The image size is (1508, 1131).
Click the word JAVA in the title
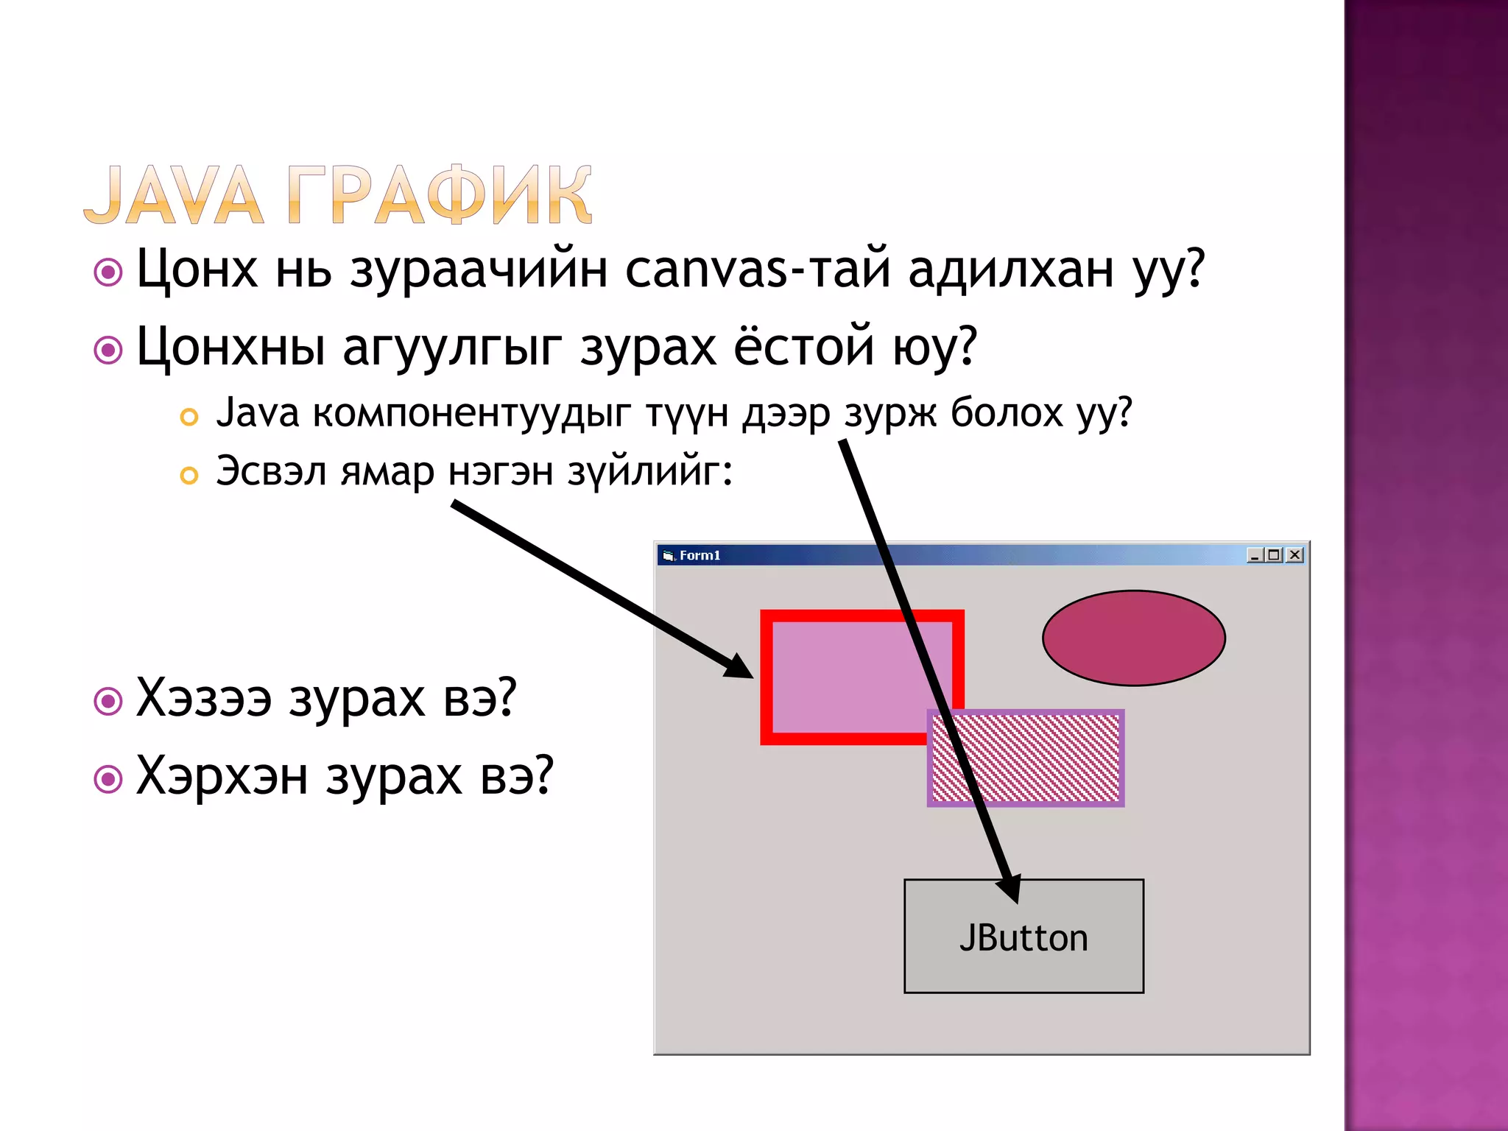click(x=174, y=195)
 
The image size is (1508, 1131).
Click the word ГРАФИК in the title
click(x=439, y=195)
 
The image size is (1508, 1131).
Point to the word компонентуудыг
click(x=472, y=413)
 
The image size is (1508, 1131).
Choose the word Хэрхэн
click(x=222, y=776)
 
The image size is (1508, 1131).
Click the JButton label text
click(x=1023, y=938)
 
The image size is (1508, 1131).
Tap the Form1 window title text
click(x=700, y=555)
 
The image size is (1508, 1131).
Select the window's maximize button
click(x=1275, y=555)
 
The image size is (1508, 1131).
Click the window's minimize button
click(x=1255, y=555)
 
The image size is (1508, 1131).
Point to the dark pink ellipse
click(x=1133, y=638)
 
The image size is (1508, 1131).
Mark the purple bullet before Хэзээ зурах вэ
click(x=108, y=701)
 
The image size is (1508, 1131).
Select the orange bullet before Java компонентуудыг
click(x=189, y=417)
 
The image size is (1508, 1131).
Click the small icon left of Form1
click(x=668, y=556)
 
